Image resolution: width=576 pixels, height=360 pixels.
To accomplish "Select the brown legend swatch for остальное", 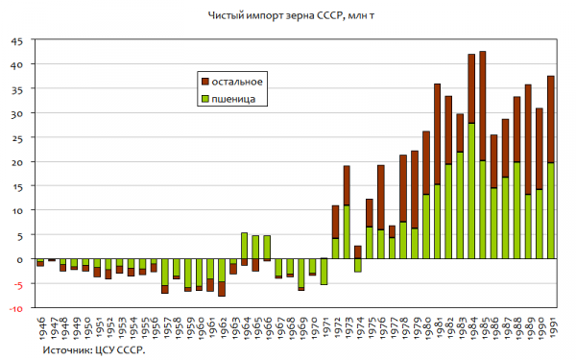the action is [x=205, y=82].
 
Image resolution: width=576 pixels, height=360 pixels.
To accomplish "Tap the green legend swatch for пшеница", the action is [x=205, y=99].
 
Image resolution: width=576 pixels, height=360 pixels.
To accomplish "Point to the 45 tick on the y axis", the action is [x=17, y=41].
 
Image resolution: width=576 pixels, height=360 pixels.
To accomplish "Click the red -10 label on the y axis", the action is [x=15, y=309].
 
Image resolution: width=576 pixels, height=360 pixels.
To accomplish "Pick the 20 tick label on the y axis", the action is [x=17, y=162].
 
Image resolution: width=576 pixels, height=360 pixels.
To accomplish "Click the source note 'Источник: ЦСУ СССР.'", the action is [x=94, y=349].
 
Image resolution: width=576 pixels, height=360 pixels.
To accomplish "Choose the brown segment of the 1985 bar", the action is [x=482, y=107].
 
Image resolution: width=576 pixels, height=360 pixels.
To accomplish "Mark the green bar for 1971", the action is [x=324, y=271].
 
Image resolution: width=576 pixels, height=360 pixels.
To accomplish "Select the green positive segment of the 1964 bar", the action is [x=244, y=246].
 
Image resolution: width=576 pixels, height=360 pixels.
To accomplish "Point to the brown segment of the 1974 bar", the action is [x=358, y=252].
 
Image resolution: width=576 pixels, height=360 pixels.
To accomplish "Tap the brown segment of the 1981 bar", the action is [x=437, y=134].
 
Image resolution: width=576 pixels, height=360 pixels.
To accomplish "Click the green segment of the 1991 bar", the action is [x=551, y=211].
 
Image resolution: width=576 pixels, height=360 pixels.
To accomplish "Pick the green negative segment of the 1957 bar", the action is [x=165, y=272].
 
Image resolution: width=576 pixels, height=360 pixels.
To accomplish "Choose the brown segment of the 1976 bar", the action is [x=380, y=198].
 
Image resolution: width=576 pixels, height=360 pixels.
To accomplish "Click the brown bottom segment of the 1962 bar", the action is [x=222, y=289].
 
